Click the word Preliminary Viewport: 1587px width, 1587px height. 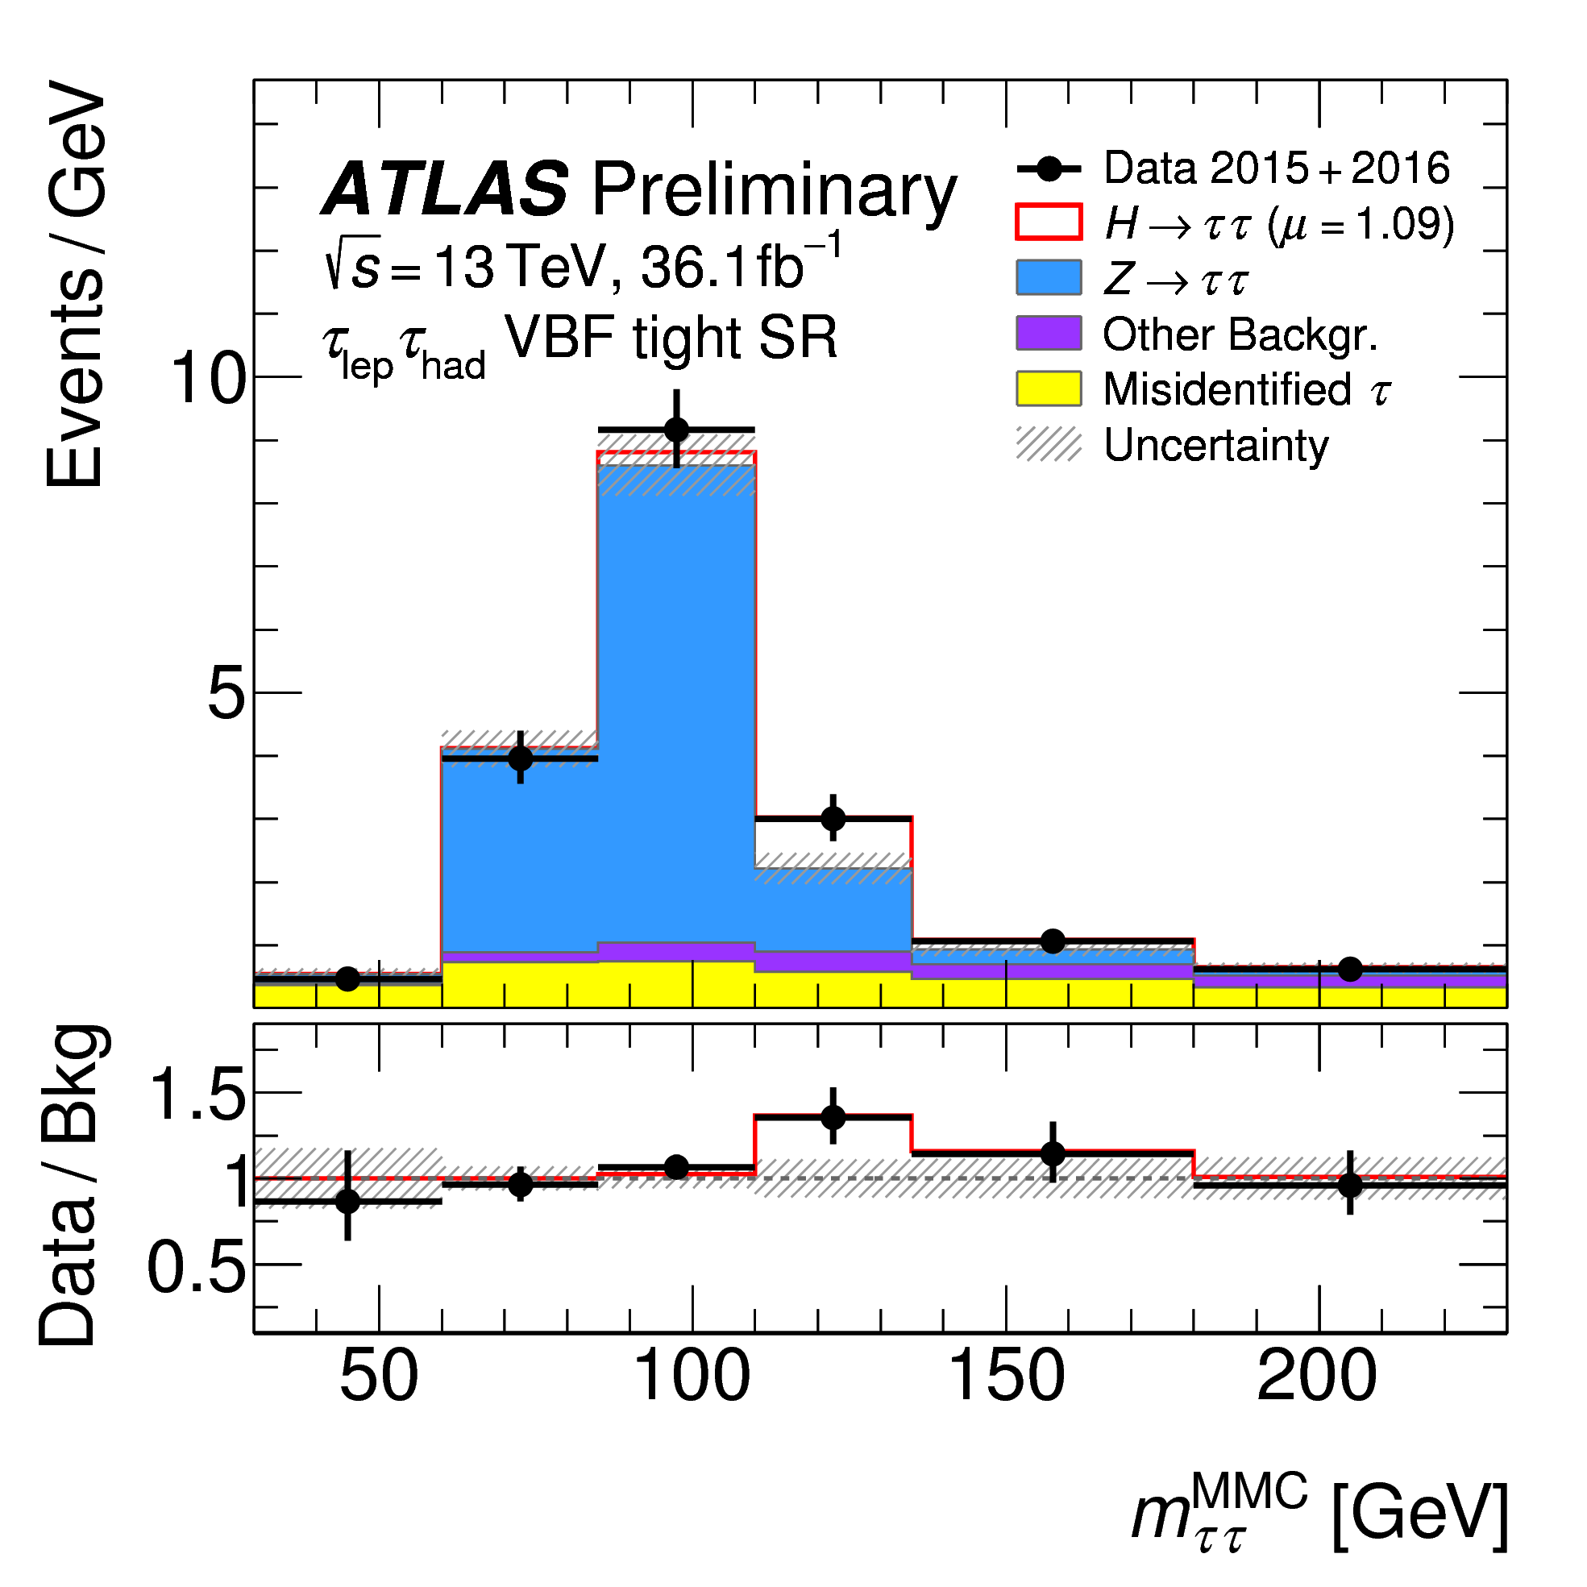point(773,192)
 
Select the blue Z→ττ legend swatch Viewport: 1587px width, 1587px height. point(1049,277)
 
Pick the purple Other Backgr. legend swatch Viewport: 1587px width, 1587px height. point(1049,333)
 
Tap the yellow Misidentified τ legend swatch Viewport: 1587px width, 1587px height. point(1049,388)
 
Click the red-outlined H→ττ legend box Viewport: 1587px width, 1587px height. point(1049,222)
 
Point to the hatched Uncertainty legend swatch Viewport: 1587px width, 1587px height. point(1049,443)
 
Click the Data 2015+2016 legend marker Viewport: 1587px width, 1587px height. point(1049,169)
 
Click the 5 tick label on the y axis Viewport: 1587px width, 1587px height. point(226,692)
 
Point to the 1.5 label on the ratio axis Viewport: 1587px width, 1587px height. point(197,1095)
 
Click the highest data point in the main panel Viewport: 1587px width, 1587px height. point(677,430)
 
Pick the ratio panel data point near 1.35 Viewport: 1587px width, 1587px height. point(833,1117)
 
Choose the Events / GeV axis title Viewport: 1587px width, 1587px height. point(76,284)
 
